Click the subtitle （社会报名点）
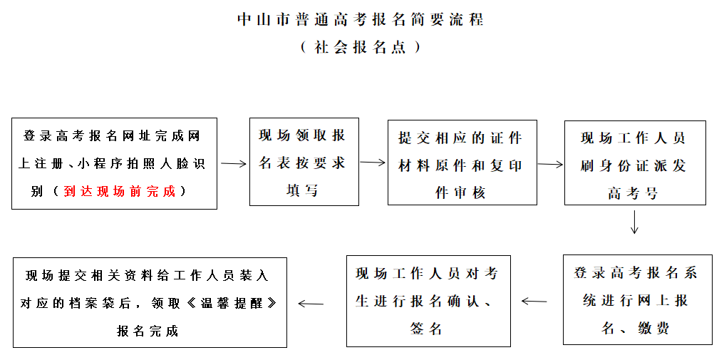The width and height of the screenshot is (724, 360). (361, 47)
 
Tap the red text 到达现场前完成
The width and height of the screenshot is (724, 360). (119, 191)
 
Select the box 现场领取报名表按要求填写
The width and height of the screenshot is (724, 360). (304, 163)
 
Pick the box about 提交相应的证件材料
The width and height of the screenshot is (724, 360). (462, 163)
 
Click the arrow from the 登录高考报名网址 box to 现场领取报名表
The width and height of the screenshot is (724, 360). (233, 164)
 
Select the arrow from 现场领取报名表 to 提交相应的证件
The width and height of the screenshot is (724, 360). (373, 163)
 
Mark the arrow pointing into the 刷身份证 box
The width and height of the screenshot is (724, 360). (550, 165)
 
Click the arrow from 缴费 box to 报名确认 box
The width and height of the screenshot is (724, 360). (534, 301)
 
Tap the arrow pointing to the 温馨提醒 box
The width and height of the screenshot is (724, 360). (310, 303)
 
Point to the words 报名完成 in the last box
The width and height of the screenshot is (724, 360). (149, 331)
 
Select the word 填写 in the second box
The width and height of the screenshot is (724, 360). (303, 190)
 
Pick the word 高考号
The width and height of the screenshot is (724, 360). (633, 193)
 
